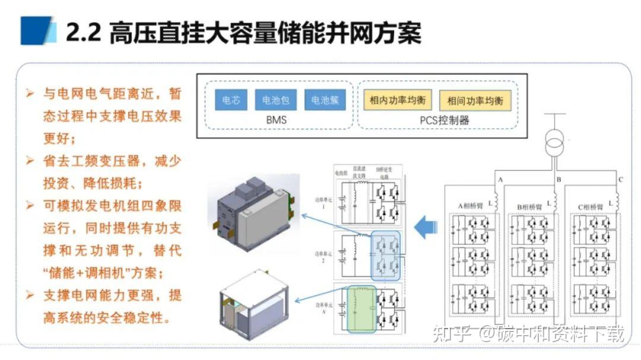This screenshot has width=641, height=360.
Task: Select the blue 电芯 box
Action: coord(231,100)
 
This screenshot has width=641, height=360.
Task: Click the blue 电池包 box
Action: coord(275,100)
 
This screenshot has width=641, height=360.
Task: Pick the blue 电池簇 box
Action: coord(325,100)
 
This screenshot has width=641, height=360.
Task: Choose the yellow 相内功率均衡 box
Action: coord(397,100)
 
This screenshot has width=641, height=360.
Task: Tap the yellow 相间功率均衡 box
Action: coord(475,100)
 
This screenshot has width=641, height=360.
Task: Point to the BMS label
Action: coord(276,120)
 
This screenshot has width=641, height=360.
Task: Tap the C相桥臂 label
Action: coord(592,206)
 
